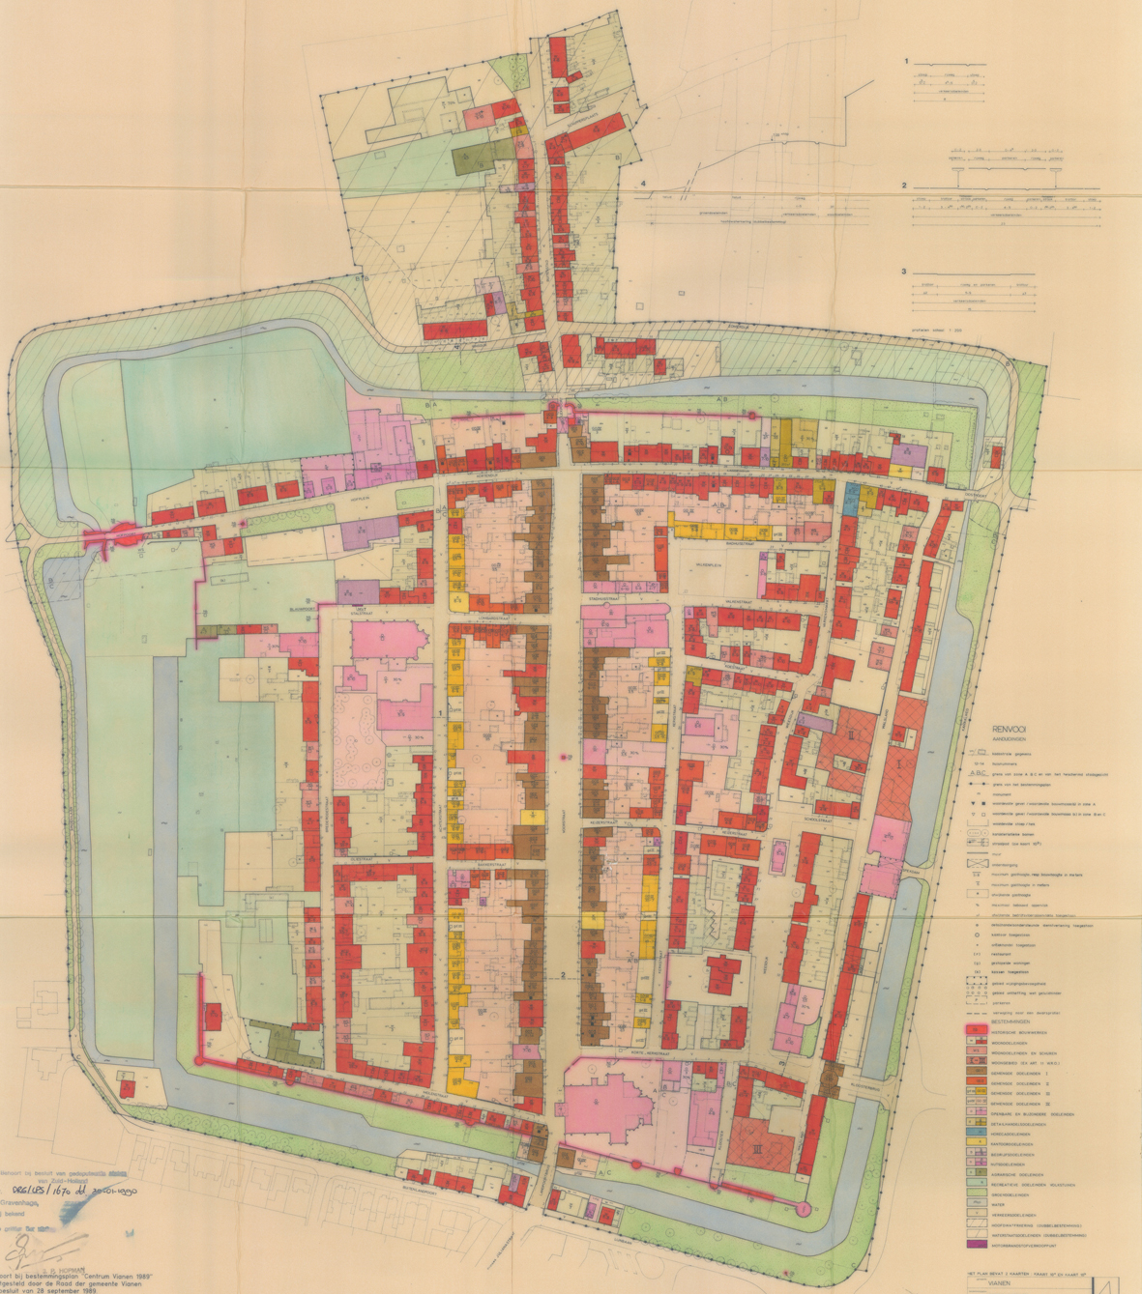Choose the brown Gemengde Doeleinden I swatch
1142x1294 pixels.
tap(975, 1075)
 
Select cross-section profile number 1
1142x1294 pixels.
tap(907, 61)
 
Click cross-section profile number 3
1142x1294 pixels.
tap(904, 272)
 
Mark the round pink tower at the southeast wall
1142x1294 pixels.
tap(802, 1209)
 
